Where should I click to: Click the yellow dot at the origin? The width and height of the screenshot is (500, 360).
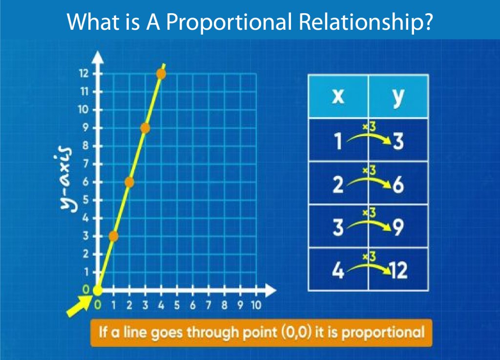pos(98,290)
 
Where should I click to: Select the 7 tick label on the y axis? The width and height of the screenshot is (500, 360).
pos(85,164)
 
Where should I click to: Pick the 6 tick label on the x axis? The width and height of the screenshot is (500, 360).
pos(192,305)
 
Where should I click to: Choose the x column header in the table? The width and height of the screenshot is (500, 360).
pos(337,96)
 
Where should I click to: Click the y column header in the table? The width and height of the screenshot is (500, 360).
pos(398,96)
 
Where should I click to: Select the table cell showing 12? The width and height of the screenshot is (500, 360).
pos(398,270)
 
